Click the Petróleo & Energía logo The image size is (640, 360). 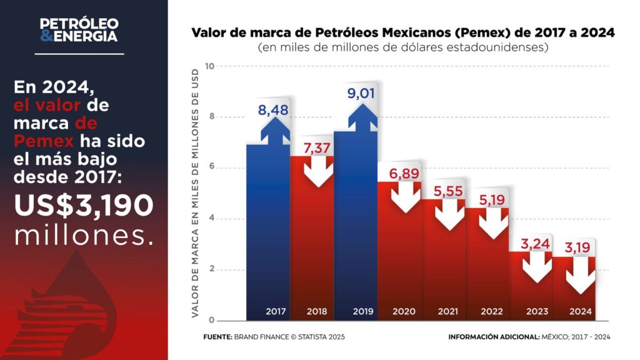(79, 30)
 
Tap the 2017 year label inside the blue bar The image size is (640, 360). (275, 311)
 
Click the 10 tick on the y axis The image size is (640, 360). (210, 66)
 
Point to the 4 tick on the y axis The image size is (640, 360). (211, 219)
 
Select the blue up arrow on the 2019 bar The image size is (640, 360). (362, 119)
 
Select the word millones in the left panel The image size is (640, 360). (84, 234)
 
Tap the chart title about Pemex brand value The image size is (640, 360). (402, 32)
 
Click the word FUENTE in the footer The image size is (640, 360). (217, 337)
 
